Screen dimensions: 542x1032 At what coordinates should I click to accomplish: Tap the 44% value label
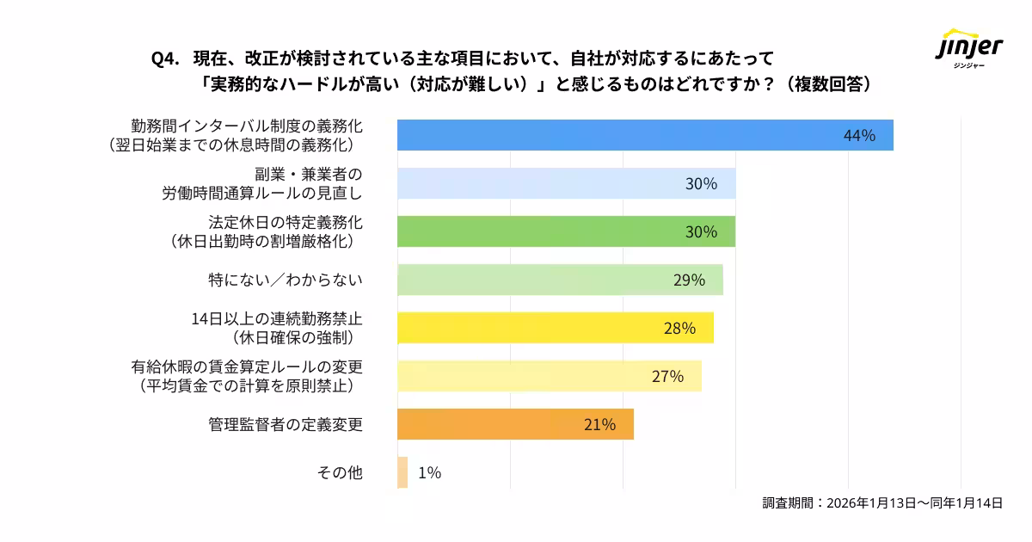[859, 136]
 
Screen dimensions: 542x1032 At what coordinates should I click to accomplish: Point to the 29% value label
[689, 280]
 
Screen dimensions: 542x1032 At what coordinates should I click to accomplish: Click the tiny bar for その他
[402, 473]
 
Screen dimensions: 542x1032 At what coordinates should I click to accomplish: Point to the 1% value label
[429, 473]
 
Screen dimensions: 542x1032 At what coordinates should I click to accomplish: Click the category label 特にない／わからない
[286, 280]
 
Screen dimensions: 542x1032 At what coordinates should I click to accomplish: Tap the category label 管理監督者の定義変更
[286, 425]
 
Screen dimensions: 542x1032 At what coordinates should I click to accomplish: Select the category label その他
[340, 473]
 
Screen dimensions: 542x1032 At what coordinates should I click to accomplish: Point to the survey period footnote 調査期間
[882, 504]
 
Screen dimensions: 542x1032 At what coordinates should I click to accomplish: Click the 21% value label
[599, 425]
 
